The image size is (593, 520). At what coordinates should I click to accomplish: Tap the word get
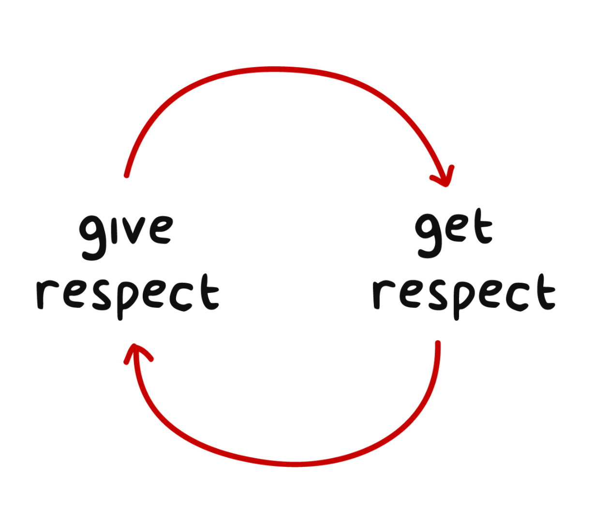click(x=453, y=231)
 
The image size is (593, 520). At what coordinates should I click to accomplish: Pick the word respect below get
click(x=463, y=294)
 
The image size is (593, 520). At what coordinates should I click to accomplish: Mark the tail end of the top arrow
click(x=126, y=175)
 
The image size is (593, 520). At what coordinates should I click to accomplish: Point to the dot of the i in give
click(x=118, y=217)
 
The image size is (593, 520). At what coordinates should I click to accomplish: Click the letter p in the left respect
click(x=122, y=297)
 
